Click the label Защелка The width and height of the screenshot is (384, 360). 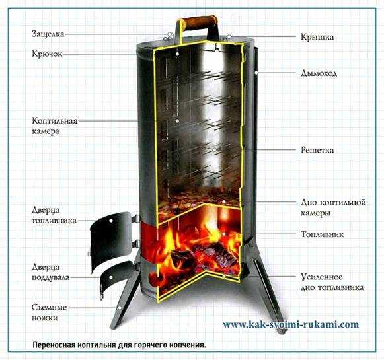point(48,34)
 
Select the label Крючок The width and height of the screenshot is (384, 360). point(48,54)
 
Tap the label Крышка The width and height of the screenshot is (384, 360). point(317,37)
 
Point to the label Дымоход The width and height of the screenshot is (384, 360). point(319,73)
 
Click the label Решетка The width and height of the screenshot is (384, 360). point(317,150)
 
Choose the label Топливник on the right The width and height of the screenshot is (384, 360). point(322,234)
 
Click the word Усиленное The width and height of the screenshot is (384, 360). point(322,277)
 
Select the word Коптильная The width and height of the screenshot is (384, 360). point(55,121)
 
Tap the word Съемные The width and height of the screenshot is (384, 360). point(49,307)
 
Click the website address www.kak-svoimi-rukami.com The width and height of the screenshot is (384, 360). point(291,325)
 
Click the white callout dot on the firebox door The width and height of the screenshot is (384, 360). point(111,221)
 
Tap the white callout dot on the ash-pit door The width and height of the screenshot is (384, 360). point(111,277)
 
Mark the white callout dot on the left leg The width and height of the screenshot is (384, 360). point(120,308)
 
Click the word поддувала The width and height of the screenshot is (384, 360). point(51,278)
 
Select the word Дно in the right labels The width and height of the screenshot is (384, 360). point(309,202)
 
